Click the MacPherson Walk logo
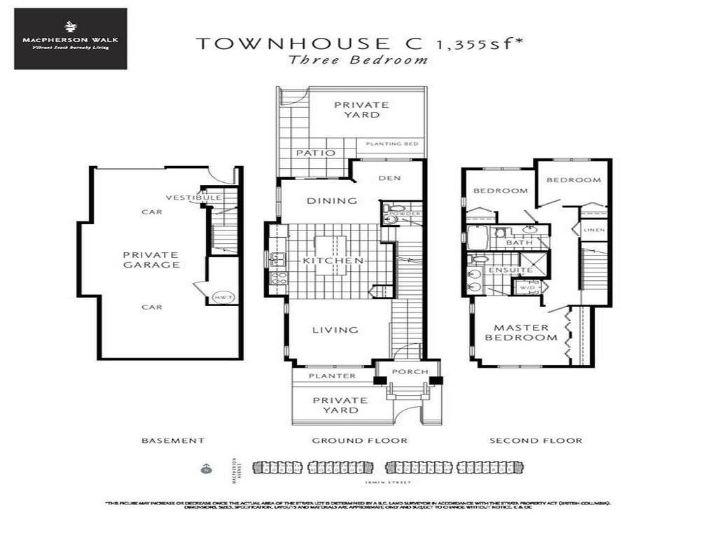(70, 39)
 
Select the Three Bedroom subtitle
(358, 60)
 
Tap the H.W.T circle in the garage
(222, 297)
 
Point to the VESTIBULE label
(194, 198)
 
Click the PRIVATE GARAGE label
(151, 260)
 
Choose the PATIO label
(315, 152)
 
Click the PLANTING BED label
(392, 144)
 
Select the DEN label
(390, 178)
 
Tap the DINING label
(332, 200)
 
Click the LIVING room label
(335, 329)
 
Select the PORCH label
(410, 371)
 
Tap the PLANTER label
(333, 376)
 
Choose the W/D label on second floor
(527, 287)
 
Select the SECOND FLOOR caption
(536, 441)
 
